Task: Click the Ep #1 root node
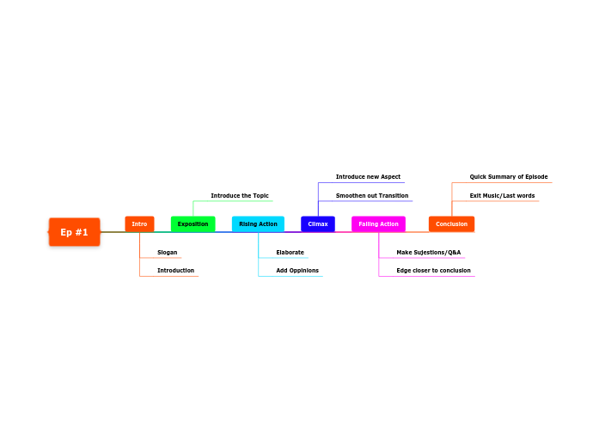(75, 232)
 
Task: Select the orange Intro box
(139, 223)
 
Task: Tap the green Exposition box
(193, 223)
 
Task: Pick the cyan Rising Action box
(258, 223)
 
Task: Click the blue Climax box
(318, 223)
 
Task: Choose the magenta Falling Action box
(379, 223)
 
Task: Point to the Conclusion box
(451, 223)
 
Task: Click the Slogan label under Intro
(168, 253)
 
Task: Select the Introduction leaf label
(175, 271)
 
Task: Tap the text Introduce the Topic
(240, 196)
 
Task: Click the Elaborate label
(290, 253)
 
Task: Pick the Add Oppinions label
(297, 271)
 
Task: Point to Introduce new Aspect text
(369, 177)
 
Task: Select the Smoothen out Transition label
(372, 196)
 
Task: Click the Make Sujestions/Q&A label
(429, 253)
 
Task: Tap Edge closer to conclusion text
(434, 271)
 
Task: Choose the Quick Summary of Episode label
(509, 177)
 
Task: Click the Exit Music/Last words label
(503, 196)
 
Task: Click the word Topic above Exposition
(261, 196)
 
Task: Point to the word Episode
(536, 177)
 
